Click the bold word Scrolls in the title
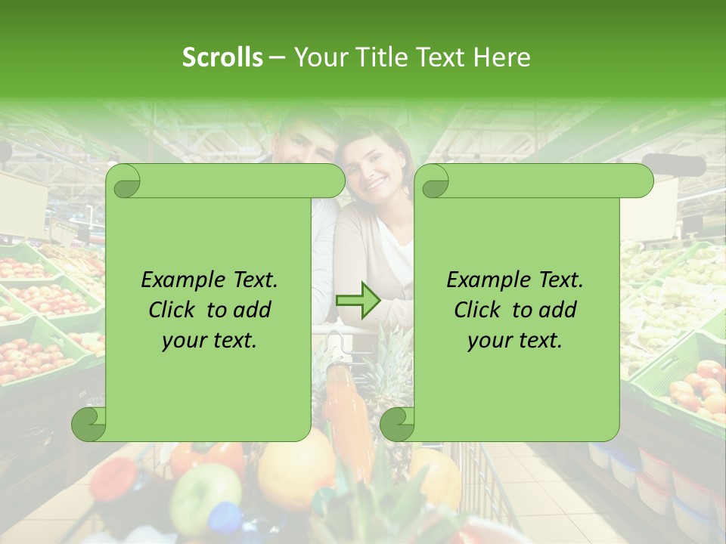[x=222, y=57]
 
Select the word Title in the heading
[x=380, y=57]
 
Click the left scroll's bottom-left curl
[x=89, y=424]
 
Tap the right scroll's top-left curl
[x=435, y=181]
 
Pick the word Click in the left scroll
[x=172, y=310]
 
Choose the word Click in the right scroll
[x=477, y=310]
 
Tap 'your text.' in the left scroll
[x=209, y=340]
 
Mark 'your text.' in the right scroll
[x=515, y=340]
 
